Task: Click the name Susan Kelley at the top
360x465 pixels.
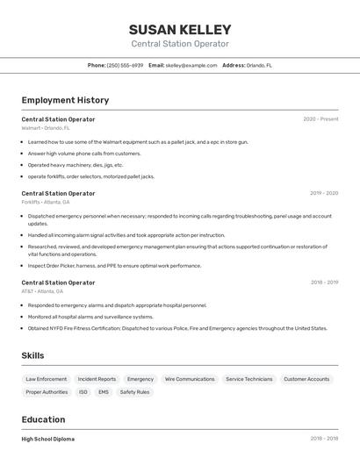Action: pyautogui.click(x=180, y=29)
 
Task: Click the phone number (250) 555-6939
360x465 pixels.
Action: pyautogui.click(x=125, y=65)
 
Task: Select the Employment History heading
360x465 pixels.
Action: pyautogui.click(x=65, y=100)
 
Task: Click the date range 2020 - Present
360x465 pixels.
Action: pyautogui.click(x=320, y=119)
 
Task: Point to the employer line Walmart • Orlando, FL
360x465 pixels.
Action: pyautogui.click(x=46, y=128)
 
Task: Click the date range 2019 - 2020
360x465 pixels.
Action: pyautogui.click(x=324, y=193)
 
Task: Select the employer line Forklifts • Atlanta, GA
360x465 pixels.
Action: pyautogui.click(x=46, y=202)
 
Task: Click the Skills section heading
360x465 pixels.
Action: pyautogui.click(x=33, y=355)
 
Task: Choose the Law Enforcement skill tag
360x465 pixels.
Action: pyautogui.click(x=47, y=379)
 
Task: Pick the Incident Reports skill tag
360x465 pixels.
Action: pyautogui.click(x=97, y=379)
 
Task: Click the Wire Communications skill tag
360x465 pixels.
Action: pyautogui.click(x=190, y=379)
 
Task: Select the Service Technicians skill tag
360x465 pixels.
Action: pyautogui.click(x=248, y=379)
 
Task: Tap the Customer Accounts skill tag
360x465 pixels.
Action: pyautogui.click(x=306, y=379)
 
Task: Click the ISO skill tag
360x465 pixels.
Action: pyautogui.click(x=83, y=392)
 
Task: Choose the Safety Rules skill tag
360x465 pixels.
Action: pyautogui.click(x=134, y=392)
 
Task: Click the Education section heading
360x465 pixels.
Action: pyautogui.click(x=43, y=419)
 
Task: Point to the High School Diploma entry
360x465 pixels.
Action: pyautogui.click(x=48, y=439)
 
